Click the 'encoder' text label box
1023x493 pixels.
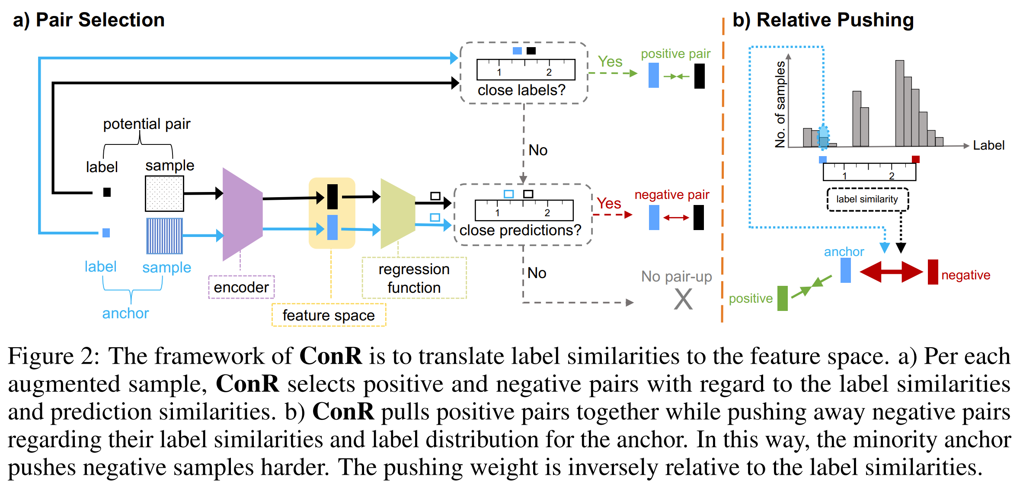[x=241, y=287]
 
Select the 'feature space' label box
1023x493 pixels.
[x=329, y=315]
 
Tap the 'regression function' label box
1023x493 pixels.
[x=414, y=278]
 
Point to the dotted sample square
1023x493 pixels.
[x=164, y=193]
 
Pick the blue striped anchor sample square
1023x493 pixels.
[x=164, y=236]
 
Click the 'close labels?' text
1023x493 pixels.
[x=521, y=90]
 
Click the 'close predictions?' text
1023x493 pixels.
[x=520, y=230]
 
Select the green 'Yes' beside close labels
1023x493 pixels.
[x=610, y=62]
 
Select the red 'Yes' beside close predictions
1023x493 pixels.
[x=609, y=203]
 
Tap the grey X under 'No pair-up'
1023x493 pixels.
[x=683, y=299]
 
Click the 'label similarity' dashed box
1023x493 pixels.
[x=867, y=199]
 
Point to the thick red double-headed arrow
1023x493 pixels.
[x=891, y=272]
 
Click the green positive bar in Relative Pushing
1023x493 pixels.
[x=782, y=298]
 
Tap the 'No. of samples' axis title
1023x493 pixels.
[x=780, y=105]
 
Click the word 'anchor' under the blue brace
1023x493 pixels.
[x=125, y=313]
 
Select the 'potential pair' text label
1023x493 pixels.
[x=147, y=124]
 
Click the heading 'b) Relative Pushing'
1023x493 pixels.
[x=823, y=20]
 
